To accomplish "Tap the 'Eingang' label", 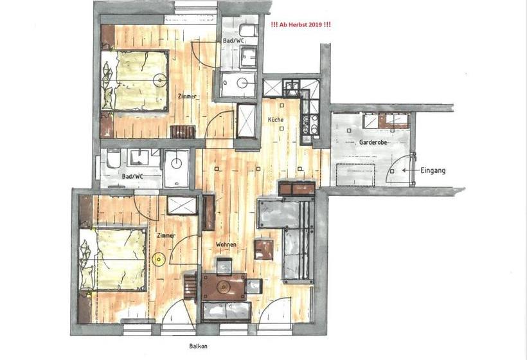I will point(433,171).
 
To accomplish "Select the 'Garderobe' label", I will point(373,143).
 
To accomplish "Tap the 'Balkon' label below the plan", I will point(199,345).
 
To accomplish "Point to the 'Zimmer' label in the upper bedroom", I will point(187,96).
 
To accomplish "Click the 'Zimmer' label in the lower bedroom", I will point(166,236).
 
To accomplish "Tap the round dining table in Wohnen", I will point(224,287).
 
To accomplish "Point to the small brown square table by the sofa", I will point(262,248).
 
